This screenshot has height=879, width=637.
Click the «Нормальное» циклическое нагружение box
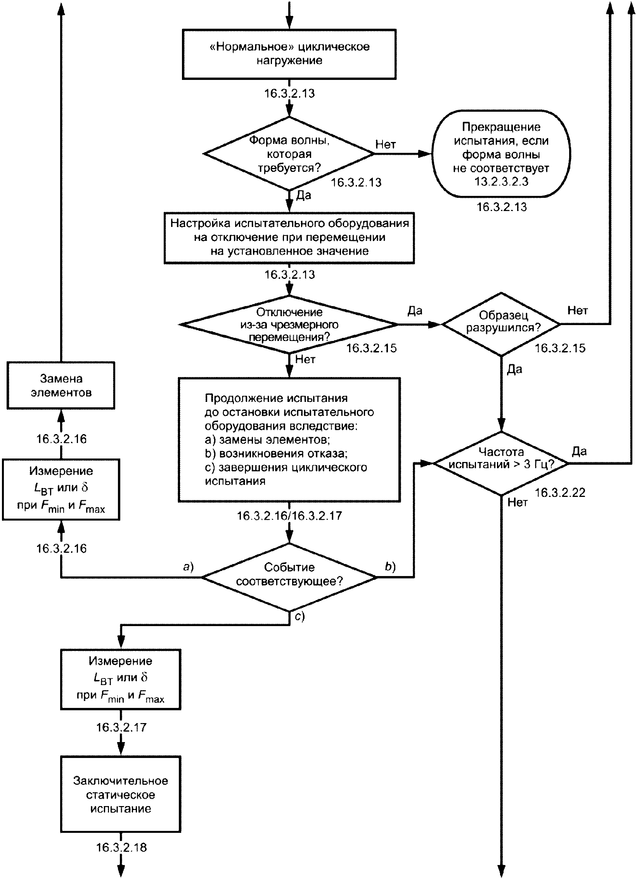tap(289, 54)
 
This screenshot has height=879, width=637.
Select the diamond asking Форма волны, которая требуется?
tap(289, 154)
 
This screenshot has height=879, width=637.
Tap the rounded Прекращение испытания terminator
tap(501, 154)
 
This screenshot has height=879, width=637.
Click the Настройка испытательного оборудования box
tap(289, 237)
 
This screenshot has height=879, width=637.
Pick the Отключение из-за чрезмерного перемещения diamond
tap(289, 324)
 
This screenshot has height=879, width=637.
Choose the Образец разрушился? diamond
tap(501, 324)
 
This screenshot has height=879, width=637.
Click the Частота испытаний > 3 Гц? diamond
tap(501, 463)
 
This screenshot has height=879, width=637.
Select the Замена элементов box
tap(61, 385)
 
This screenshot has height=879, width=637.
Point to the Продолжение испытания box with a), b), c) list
tap(289, 440)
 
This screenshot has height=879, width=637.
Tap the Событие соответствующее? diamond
tap(289, 577)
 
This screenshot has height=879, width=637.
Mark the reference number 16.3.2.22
tap(560, 493)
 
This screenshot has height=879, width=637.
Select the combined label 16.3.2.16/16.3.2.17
tap(289, 516)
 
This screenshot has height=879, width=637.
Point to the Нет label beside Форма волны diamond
tap(386, 144)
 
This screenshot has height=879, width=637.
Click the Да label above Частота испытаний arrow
tap(579, 451)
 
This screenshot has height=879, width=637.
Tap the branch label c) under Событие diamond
tap(300, 616)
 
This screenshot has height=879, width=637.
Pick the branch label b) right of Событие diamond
tap(390, 567)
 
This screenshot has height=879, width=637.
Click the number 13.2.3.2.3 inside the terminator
tap(501, 182)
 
